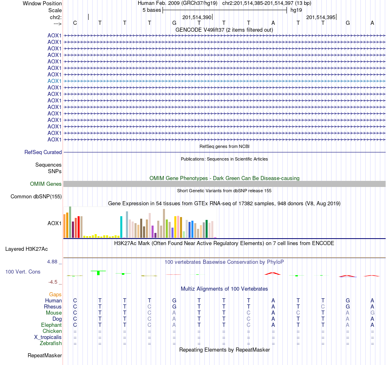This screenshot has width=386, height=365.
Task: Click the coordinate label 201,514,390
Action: tap(197, 17)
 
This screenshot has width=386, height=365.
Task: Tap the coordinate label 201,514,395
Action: tap(321, 17)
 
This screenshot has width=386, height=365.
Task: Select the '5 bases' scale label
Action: tap(152, 10)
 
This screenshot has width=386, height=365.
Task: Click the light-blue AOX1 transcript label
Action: tap(54, 81)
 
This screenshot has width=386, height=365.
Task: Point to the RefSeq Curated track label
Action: tap(43, 152)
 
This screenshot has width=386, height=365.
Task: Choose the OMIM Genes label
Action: tap(46, 184)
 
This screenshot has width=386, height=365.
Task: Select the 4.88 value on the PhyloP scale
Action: tap(52, 261)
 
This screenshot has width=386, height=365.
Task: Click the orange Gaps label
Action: tap(55, 294)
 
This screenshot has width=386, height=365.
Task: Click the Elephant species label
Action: tap(51, 325)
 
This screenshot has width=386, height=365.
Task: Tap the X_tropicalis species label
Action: tap(48, 337)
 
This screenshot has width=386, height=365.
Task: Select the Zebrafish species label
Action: tap(51, 343)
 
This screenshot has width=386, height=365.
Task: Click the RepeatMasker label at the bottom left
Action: tap(45, 356)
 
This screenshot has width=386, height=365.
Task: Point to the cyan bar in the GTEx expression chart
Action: tap(121, 227)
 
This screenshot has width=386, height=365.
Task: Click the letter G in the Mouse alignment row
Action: tap(372, 313)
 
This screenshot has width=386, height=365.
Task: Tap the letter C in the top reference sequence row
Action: tap(75, 23)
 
